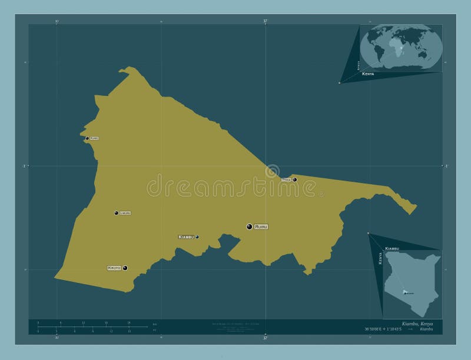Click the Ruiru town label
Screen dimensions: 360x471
click(261, 226)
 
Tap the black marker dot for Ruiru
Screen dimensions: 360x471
click(250, 226)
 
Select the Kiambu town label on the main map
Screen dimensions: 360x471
click(186, 236)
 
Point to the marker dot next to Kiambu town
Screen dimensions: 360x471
click(197, 236)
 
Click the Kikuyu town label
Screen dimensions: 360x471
click(114, 268)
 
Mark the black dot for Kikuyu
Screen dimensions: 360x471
click(125, 268)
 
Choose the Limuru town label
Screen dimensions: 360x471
click(125, 213)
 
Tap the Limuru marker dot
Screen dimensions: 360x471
click(116, 213)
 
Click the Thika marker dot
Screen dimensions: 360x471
click(294, 179)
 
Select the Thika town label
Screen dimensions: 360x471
click(286, 179)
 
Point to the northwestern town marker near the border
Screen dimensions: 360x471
click(87, 138)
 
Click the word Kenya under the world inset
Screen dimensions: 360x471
click(369, 75)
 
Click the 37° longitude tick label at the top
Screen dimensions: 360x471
click(266, 21)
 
